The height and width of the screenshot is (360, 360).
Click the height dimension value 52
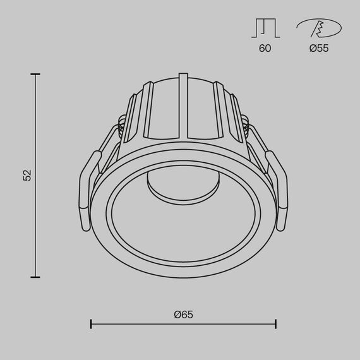click(x=27, y=176)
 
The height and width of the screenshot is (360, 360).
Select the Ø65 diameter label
click(x=184, y=314)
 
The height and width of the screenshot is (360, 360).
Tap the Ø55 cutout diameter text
click(x=319, y=48)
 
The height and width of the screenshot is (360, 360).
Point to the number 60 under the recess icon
click(x=265, y=48)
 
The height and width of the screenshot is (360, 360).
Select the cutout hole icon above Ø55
click(x=319, y=28)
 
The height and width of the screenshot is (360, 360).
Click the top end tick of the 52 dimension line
click(x=35, y=75)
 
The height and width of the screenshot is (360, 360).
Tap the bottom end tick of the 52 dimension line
click(x=35, y=277)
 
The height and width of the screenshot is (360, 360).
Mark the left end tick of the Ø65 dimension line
click(x=92, y=324)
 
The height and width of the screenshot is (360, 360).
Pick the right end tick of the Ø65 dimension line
click(x=275, y=324)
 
